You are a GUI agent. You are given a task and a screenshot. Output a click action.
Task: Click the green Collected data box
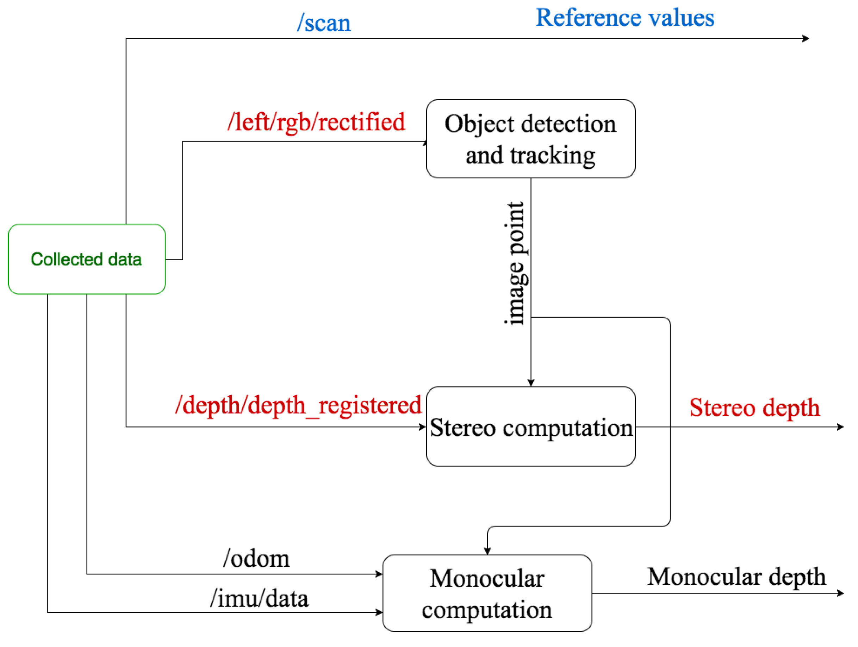[87, 259]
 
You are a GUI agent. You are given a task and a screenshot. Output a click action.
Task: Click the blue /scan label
[324, 23]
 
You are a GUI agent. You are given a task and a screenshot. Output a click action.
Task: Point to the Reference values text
[624, 18]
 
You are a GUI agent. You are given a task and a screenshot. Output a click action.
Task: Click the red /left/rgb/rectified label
[316, 122]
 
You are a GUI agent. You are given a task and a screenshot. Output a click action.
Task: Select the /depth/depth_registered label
[298, 405]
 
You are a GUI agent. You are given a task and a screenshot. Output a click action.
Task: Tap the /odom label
[256, 559]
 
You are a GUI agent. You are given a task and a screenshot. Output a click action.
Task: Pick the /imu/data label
[259, 598]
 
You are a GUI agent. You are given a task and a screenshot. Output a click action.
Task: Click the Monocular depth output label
[736, 577]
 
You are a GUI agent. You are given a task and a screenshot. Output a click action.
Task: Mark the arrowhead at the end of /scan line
[806, 38]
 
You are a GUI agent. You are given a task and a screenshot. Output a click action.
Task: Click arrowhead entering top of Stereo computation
[531, 383]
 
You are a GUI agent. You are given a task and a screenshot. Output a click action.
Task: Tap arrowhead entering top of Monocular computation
[487, 551]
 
